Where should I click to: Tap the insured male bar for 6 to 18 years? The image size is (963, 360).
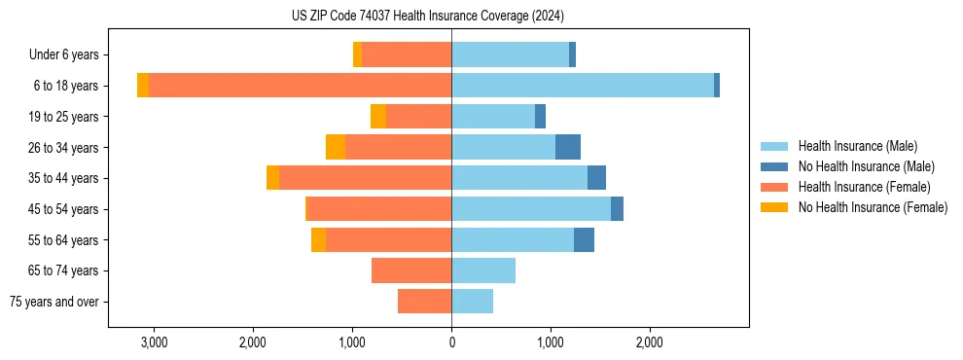pos(582,86)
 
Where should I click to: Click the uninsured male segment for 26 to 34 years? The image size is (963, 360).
pos(568,147)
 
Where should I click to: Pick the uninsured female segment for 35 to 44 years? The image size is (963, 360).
pos(272,178)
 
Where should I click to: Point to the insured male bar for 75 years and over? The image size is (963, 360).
pos(472,302)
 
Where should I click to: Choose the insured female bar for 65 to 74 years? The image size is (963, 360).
pos(411,270)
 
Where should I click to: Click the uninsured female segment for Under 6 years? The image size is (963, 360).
pos(357,54)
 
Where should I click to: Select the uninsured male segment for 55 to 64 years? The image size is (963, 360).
pos(584,239)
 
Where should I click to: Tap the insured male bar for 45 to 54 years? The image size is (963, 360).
pos(531,209)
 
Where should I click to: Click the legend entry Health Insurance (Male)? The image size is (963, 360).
pos(857,146)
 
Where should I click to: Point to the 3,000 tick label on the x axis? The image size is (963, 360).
pos(154,342)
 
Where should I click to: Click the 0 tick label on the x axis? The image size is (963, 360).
pos(451,342)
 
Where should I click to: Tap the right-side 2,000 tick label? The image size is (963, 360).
pos(650,342)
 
